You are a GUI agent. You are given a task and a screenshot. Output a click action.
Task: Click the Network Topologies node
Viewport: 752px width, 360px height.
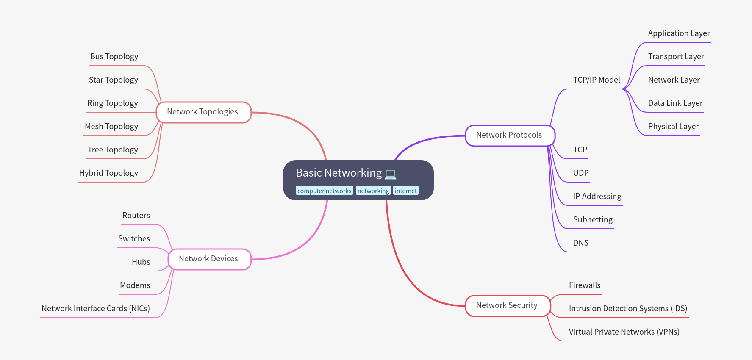[x=203, y=112]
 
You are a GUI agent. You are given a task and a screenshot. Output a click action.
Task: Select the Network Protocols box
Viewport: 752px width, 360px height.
[x=510, y=136]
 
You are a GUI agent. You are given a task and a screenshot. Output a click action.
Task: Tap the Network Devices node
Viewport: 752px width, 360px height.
[x=209, y=259]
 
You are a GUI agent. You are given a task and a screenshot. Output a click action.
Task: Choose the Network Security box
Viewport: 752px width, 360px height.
[x=508, y=306]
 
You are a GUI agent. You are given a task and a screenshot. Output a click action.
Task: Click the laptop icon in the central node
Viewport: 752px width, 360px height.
[x=390, y=174]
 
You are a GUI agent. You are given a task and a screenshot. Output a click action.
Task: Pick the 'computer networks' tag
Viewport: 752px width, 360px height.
[x=324, y=191]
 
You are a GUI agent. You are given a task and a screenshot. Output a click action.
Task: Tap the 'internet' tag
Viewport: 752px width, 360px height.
[x=405, y=191]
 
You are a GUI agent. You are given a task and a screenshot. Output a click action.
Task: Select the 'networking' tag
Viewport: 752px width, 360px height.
[x=373, y=191]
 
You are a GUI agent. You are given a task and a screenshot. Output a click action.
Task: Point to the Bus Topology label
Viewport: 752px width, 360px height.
[x=114, y=57]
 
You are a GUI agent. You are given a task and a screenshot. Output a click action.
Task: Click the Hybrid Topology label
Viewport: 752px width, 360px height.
[x=108, y=173]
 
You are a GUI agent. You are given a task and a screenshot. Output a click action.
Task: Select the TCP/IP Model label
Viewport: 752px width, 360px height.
[x=596, y=80]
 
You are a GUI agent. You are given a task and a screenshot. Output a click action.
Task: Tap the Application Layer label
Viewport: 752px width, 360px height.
[x=679, y=33]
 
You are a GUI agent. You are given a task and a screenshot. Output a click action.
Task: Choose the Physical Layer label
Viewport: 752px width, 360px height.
[x=673, y=127]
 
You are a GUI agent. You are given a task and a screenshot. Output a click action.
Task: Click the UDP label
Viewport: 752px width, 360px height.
[x=580, y=173]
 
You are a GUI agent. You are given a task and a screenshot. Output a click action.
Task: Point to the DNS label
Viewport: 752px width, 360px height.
[x=580, y=243]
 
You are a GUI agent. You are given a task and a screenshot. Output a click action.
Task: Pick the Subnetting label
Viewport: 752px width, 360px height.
[x=592, y=220]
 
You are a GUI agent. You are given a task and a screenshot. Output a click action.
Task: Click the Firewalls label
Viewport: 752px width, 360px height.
[x=584, y=285]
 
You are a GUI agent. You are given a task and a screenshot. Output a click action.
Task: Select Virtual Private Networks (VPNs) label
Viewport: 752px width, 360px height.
[x=624, y=332]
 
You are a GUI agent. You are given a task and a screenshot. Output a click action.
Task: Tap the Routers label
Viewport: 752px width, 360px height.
[x=136, y=216]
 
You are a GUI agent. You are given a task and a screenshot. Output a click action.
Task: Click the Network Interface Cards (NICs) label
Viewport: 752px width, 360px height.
[x=96, y=309]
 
